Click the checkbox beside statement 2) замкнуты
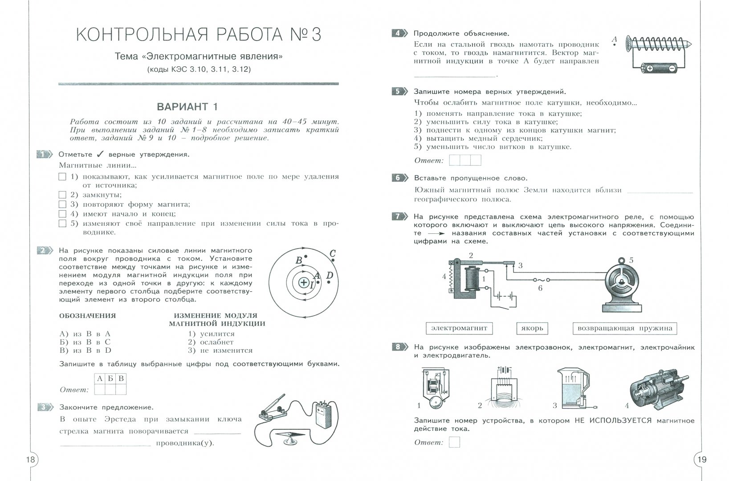[x=62, y=195]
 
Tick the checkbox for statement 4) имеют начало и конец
[x=62, y=214]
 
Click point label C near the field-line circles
[x=332, y=254]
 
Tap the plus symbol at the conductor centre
[x=304, y=282]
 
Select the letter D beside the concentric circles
[x=330, y=276]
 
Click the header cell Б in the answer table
[x=110, y=379]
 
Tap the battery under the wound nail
[x=660, y=68]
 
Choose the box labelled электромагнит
[x=459, y=328]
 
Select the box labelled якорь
[x=532, y=328]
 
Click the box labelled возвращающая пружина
[x=624, y=328]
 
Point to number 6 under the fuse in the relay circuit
[x=540, y=288]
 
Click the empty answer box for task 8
[x=454, y=442]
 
